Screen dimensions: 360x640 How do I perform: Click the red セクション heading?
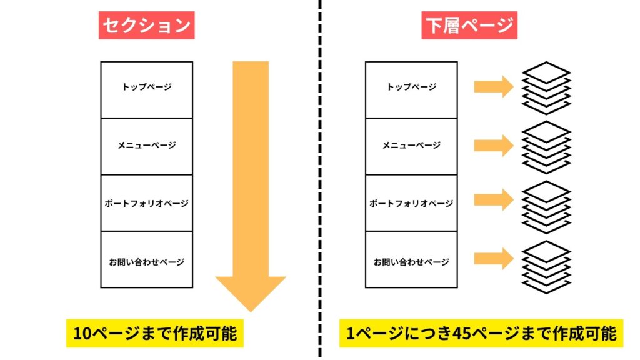point(146,26)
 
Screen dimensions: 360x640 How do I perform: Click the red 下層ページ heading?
point(469,26)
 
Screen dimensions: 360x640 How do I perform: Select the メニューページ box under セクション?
point(146,146)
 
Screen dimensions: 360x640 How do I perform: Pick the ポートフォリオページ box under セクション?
point(146,203)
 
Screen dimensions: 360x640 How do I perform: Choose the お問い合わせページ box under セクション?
point(146,260)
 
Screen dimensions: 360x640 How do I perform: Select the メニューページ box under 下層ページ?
point(411,146)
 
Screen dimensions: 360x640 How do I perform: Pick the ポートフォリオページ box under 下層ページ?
point(411,203)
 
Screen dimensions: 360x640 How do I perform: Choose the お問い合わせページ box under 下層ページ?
point(411,260)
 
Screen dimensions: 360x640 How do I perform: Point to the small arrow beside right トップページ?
point(493,87)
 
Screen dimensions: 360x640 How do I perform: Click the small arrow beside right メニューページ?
point(493,146)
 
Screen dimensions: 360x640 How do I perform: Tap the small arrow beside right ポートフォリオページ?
point(493,200)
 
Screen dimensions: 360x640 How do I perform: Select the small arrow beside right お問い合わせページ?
point(493,258)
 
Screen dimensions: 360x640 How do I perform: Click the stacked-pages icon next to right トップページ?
point(546,87)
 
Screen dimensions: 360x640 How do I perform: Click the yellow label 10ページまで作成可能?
point(154,334)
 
